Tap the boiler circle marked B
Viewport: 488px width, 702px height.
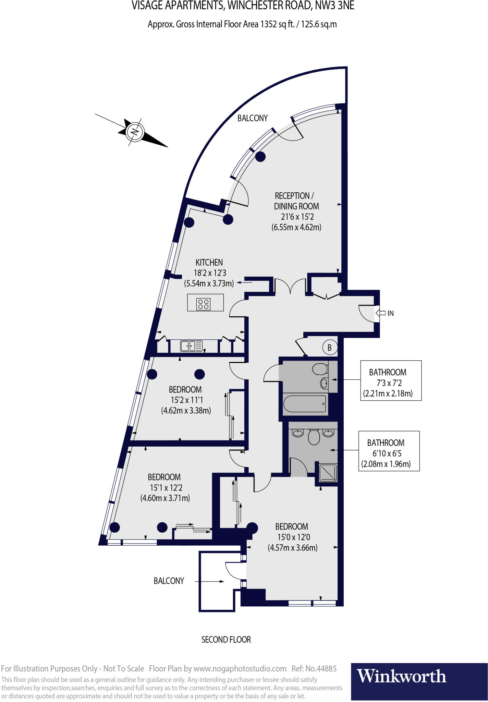click(330, 348)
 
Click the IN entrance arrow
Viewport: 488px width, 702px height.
click(381, 313)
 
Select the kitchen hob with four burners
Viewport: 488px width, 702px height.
click(203, 304)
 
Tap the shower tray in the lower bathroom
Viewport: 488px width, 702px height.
click(328, 473)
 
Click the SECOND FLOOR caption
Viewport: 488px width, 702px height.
click(226, 640)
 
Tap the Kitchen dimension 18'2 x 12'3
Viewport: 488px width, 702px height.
click(210, 273)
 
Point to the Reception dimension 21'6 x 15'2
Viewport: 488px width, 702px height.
click(297, 217)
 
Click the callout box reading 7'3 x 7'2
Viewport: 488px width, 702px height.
click(391, 380)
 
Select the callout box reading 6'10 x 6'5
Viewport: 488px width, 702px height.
click(389, 451)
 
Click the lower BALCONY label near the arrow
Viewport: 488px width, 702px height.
click(169, 581)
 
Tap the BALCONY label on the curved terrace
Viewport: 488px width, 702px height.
click(253, 118)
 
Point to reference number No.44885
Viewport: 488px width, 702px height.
click(314, 669)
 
